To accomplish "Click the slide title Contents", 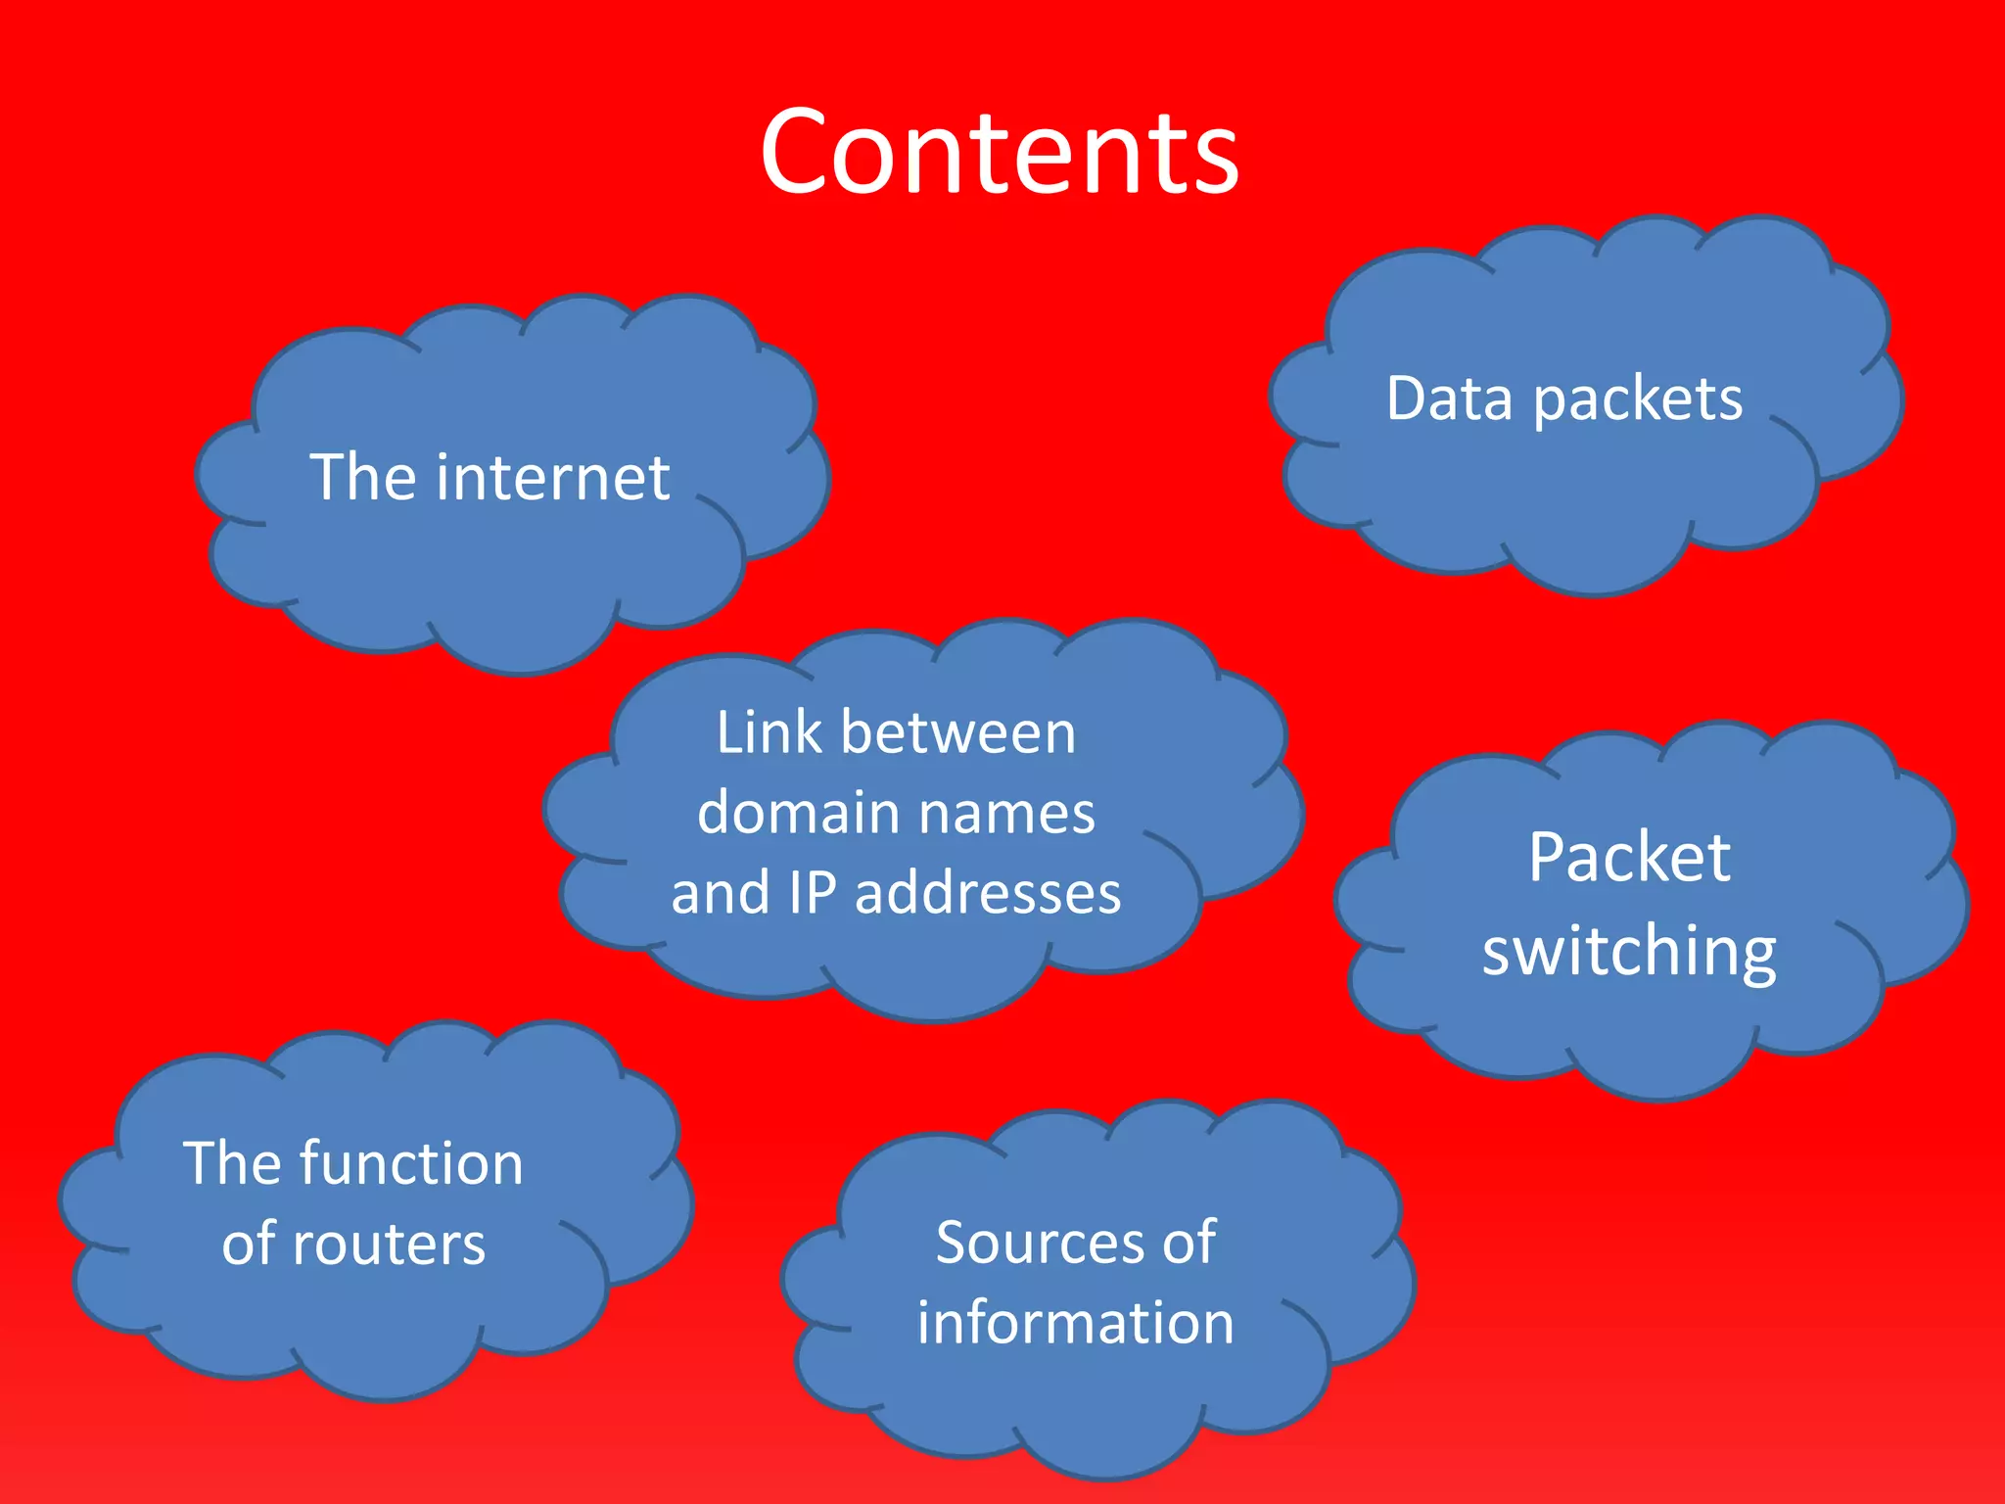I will (x=1000, y=152).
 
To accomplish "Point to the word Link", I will (x=769, y=732).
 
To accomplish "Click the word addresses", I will (x=987, y=893).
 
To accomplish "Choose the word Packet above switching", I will (x=1629, y=858).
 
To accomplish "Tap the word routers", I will (x=389, y=1244).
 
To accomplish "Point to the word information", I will (x=1075, y=1322).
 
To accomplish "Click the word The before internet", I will (x=356, y=478).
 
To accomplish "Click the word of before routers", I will (x=249, y=1244).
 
